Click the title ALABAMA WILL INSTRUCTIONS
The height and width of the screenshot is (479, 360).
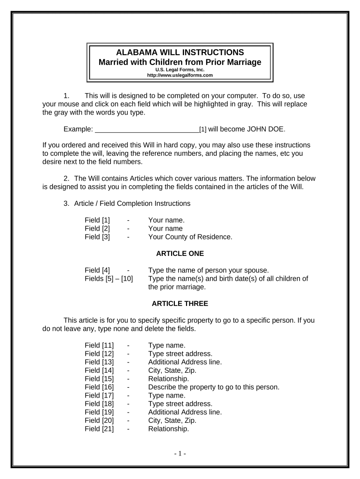click(x=180, y=52)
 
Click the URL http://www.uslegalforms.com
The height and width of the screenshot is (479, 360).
click(x=180, y=75)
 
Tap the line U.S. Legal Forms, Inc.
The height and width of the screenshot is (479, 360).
click(x=180, y=70)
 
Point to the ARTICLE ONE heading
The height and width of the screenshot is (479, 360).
click(x=180, y=254)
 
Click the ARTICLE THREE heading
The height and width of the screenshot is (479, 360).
click(x=180, y=304)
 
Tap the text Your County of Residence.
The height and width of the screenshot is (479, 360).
click(x=190, y=237)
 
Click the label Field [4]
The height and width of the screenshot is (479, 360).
click(x=97, y=270)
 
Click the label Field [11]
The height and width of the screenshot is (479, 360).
click(x=99, y=346)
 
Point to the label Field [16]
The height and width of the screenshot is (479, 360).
click(x=99, y=387)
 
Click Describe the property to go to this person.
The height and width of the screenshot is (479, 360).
click(x=214, y=387)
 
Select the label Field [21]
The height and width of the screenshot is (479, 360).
click(x=99, y=428)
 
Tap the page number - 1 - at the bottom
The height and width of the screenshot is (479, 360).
click(x=180, y=453)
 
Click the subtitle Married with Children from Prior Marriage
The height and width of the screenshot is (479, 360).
click(x=180, y=62)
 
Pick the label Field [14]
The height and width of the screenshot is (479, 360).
click(x=99, y=370)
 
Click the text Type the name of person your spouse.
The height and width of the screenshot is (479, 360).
click(x=209, y=270)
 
